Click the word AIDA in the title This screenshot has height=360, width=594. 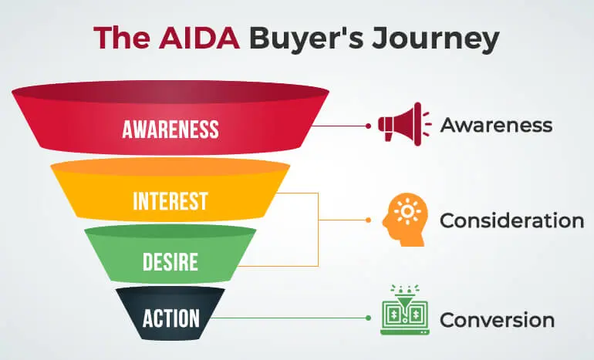[x=199, y=38]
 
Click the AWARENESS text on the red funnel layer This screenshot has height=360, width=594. [x=170, y=129]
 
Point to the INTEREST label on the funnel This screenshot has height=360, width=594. [x=170, y=201]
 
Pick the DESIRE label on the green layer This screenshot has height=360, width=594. [x=170, y=261]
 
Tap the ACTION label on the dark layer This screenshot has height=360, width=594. [x=170, y=318]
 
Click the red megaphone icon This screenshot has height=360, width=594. [x=404, y=124]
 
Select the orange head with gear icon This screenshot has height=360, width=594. [x=405, y=220]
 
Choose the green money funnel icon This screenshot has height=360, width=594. [x=404, y=310]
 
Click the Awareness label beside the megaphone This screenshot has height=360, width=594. [x=496, y=125]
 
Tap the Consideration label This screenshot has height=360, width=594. [x=511, y=220]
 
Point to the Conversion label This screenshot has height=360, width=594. [x=497, y=320]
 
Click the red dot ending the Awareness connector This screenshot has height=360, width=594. [x=369, y=126]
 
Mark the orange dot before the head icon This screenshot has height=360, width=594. [x=369, y=220]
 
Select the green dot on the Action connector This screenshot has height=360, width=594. [x=369, y=318]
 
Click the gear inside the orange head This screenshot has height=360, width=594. [x=407, y=210]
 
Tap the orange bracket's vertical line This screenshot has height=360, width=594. [x=318, y=230]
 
